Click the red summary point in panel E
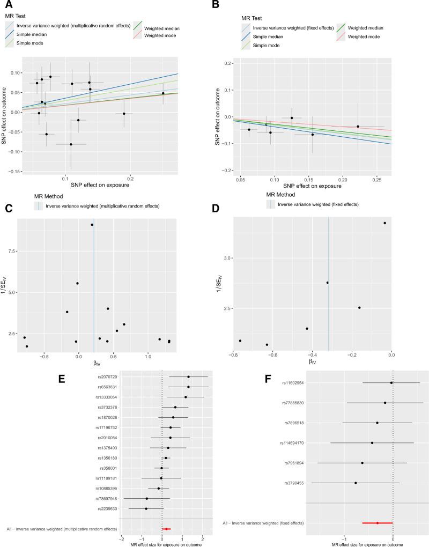(167, 529)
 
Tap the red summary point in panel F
(378, 523)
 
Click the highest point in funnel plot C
(92, 225)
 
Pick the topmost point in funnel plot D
(384, 223)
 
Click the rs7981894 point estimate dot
(363, 463)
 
